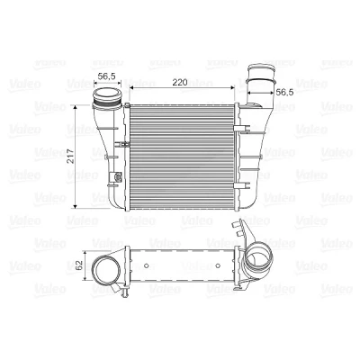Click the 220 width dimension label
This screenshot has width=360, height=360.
click(x=180, y=82)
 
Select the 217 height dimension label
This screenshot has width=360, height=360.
click(x=71, y=157)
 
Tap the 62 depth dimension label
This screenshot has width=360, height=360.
click(x=79, y=265)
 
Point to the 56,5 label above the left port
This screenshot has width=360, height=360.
click(x=107, y=76)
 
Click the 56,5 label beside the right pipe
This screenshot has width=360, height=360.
click(x=284, y=92)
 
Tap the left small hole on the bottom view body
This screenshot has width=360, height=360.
click(x=147, y=265)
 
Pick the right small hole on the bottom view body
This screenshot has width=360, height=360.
click(x=218, y=265)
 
